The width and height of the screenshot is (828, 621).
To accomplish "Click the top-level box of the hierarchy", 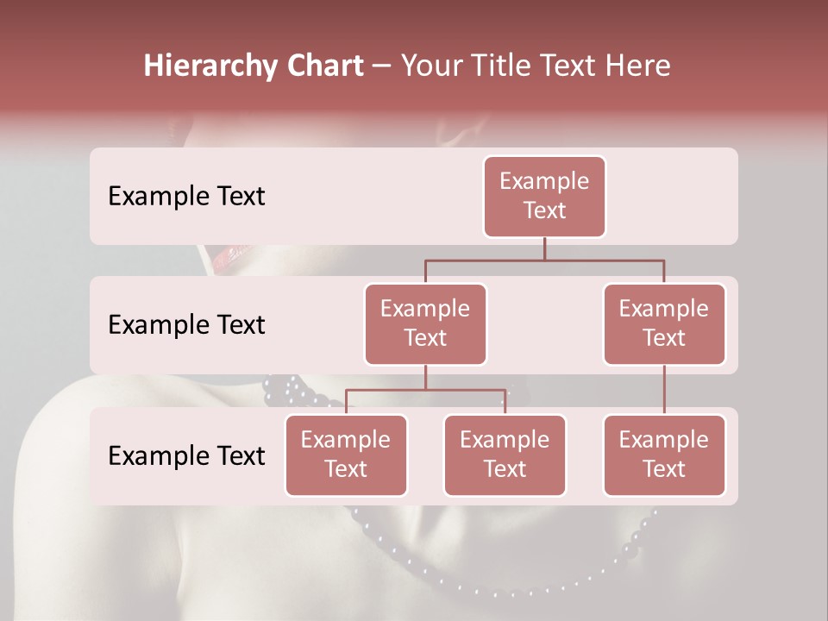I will pyautogui.click(x=544, y=197).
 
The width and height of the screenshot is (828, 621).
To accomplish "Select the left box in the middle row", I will pyautogui.click(x=425, y=323).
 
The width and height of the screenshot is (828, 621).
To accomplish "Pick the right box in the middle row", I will pyautogui.click(x=664, y=323).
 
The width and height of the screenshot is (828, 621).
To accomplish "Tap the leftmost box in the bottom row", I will pyautogui.click(x=346, y=455).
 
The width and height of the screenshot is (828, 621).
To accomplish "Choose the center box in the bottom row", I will pyautogui.click(x=505, y=455).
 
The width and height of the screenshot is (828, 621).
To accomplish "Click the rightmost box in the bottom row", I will pyautogui.click(x=664, y=455).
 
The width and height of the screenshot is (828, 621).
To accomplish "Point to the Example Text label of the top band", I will pyautogui.click(x=186, y=197).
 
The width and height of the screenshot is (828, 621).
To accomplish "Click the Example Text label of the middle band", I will pyautogui.click(x=186, y=325).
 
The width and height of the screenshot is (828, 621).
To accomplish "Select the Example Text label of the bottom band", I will pyautogui.click(x=186, y=455).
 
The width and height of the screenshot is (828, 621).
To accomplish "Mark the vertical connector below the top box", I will pyautogui.click(x=544, y=248).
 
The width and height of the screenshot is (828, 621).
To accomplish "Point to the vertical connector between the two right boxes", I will pyautogui.click(x=664, y=390).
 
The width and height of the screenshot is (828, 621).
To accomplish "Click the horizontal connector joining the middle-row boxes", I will pyautogui.click(x=544, y=260).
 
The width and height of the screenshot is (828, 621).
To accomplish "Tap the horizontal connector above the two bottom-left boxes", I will pyautogui.click(x=425, y=390).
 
